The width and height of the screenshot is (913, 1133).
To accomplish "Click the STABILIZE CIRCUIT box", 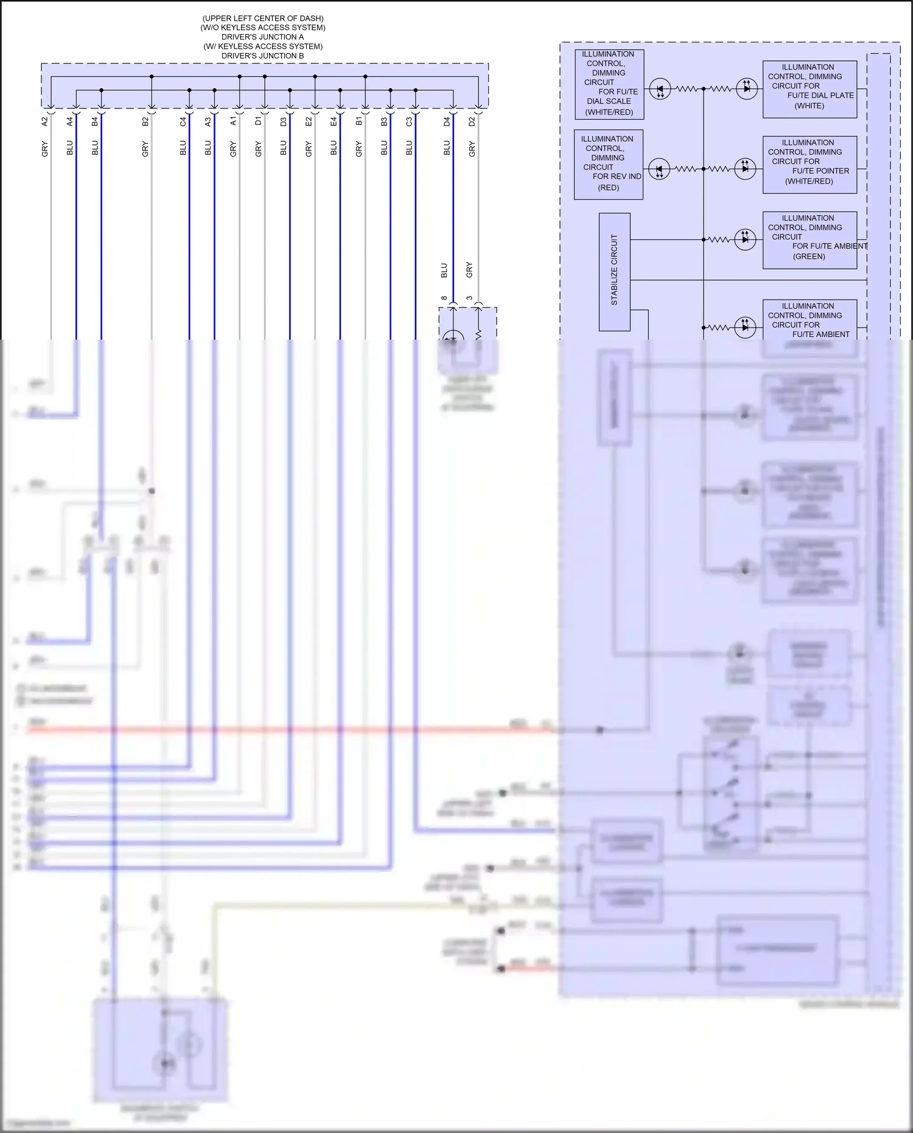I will click(x=614, y=272).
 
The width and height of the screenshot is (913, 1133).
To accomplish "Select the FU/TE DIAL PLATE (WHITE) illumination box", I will click(x=810, y=89).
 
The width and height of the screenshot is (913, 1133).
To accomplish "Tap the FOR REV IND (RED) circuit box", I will click(x=608, y=164).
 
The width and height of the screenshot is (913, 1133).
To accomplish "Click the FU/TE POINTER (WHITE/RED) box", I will click(x=810, y=165).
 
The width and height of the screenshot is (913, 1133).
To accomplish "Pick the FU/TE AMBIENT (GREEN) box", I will click(x=810, y=240).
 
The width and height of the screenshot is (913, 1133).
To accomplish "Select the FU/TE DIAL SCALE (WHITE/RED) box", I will click(x=609, y=84).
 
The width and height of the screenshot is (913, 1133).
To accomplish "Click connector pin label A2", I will click(x=44, y=122).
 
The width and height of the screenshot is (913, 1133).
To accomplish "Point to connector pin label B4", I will click(x=95, y=122).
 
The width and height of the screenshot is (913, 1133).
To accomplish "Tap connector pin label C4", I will click(x=183, y=122).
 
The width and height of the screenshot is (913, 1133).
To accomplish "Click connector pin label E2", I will click(x=309, y=122).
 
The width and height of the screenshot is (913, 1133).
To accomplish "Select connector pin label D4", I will click(x=447, y=122).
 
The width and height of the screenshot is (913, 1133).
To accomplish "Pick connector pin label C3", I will click(x=409, y=122).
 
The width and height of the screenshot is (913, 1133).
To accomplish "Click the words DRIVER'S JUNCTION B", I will click(x=262, y=56).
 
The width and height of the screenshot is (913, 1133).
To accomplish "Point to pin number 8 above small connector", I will click(x=444, y=298).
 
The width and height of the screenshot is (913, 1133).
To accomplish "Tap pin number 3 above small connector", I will click(x=469, y=298).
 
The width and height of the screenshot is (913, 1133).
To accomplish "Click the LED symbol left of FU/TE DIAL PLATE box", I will click(x=746, y=89).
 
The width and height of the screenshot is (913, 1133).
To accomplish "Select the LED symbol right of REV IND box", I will click(x=659, y=169).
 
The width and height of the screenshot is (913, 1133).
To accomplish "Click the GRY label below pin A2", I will click(x=44, y=149).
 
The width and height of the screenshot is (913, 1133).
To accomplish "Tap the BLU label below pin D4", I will click(x=447, y=148).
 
